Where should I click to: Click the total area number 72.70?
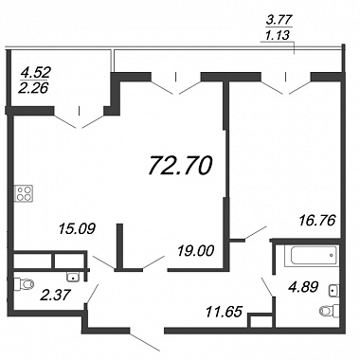(180, 166)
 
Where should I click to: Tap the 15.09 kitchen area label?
(77, 228)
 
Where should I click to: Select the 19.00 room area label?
(196, 251)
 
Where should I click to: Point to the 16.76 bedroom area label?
(316, 220)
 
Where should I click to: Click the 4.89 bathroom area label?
(303, 287)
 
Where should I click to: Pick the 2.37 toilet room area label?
(55, 296)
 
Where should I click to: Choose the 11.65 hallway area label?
(224, 312)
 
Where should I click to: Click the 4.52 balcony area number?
(35, 73)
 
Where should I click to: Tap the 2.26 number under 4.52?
(33, 88)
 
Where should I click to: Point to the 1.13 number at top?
(278, 35)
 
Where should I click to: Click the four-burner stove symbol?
(24, 193)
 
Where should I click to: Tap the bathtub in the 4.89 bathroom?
(311, 255)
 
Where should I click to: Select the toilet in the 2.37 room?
(25, 284)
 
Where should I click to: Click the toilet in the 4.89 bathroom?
(330, 310)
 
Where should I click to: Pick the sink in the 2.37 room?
(74, 277)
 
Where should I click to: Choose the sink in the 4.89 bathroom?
(333, 290)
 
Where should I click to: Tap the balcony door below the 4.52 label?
(80, 119)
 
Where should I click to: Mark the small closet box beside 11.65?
(261, 321)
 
